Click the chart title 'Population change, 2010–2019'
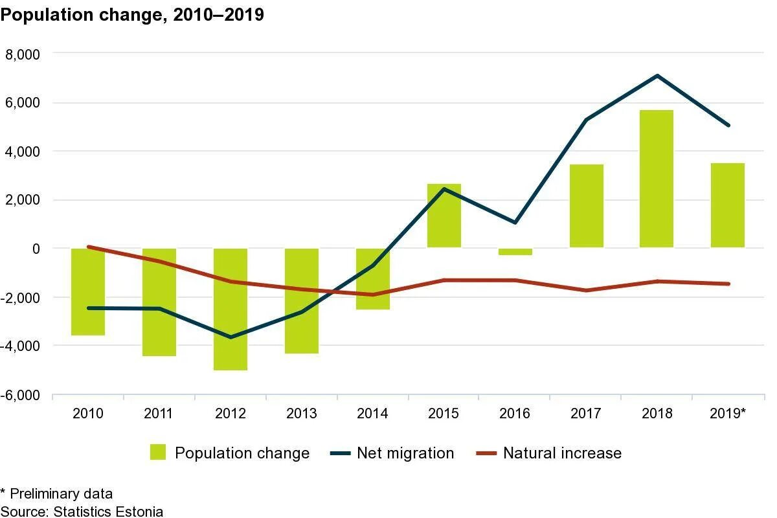[x=132, y=15]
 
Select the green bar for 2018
[x=657, y=179]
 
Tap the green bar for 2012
[x=231, y=310]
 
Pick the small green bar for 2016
[x=515, y=252]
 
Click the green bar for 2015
[x=444, y=216]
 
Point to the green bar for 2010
[x=88, y=291]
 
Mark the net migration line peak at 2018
[x=657, y=76]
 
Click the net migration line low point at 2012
[x=231, y=337]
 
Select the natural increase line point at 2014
[x=373, y=295]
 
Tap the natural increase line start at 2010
[x=88, y=247]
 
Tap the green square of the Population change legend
[x=158, y=453]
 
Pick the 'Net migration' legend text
[x=405, y=453]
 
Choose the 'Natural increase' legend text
[x=562, y=453]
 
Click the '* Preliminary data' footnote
[x=56, y=495]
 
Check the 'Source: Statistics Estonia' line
[x=82, y=512]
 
